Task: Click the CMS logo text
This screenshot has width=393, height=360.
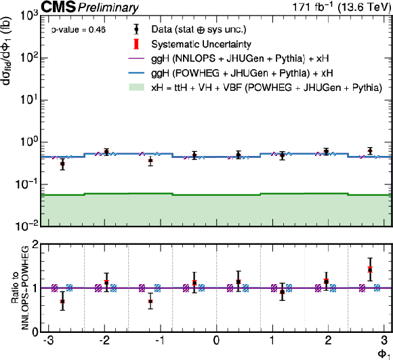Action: [x=58, y=7]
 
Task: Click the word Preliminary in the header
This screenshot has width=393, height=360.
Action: [x=108, y=7]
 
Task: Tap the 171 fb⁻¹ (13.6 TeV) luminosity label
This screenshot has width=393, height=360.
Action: [x=342, y=7]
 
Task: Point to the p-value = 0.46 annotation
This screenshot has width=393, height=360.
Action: [x=79, y=30]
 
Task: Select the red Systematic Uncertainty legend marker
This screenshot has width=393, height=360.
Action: [x=136, y=44]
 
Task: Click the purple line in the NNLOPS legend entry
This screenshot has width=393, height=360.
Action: [x=136, y=58]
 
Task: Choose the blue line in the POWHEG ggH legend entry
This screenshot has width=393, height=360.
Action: [x=136, y=73]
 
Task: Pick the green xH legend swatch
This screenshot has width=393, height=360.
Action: [x=136, y=87]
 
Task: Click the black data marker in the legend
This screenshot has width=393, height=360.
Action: [x=136, y=29]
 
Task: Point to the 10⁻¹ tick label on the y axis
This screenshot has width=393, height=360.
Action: [x=26, y=184]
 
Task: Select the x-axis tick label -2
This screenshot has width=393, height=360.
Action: [x=104, y=341]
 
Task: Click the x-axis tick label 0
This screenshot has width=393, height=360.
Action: [x=216, y=341]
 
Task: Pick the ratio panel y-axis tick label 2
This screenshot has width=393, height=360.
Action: [x=35, y=244]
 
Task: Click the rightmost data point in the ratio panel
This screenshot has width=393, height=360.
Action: [x=370, y=270]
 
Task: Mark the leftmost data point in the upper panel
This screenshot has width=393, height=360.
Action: [x=62, y=164]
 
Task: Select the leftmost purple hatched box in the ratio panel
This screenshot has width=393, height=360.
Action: [x=54, y=288]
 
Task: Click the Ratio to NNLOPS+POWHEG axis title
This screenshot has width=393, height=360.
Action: [x=21, y=287]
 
